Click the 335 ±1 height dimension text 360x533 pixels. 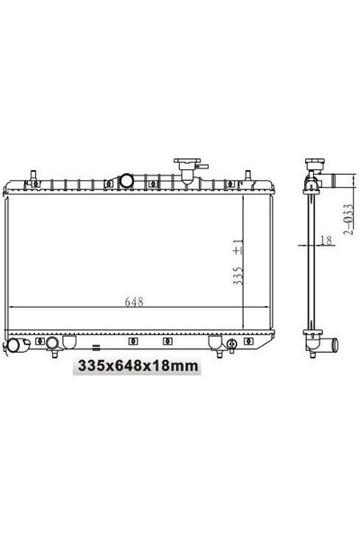(238, 262)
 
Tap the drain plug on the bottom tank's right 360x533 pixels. (232, 345)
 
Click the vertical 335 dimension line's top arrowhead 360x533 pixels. (244, 194)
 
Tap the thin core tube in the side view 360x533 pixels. (310, 261)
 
